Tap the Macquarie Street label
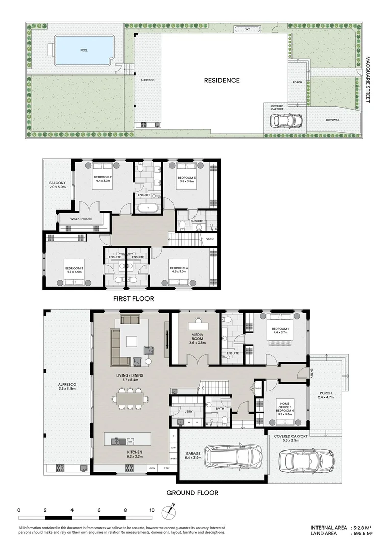pyautogui.click(x=367, y=79)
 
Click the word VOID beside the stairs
pyautogui.click(x=210, y=239)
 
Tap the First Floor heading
pyautogui.click(x=133, y=299)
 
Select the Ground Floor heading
pyautogui.click(x=193, y=493)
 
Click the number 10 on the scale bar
pyautogui.click(x=152, y=510)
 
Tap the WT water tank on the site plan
pyautogui.click(x=248, y=29)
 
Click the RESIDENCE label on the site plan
pyautogui.click(x=222, y=80)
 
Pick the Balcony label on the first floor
pyautogui.click(x=57, y=185)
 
